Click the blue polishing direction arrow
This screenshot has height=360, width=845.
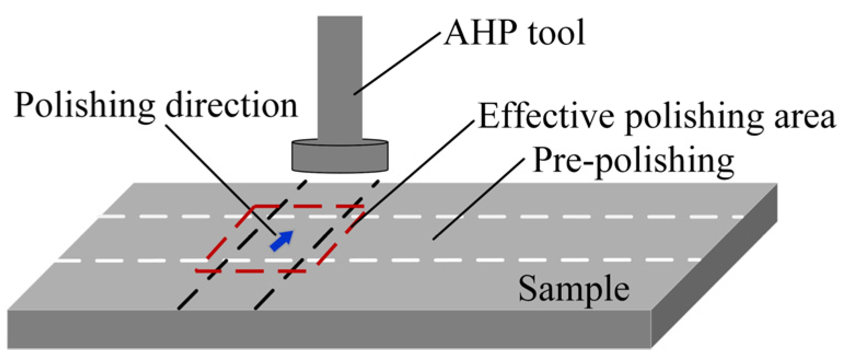click(282, 240)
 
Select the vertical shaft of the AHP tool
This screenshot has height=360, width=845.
click(340, 77)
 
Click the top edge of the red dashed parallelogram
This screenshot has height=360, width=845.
click(306, 207)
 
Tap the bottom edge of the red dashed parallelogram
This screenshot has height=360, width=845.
click(252, 271)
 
